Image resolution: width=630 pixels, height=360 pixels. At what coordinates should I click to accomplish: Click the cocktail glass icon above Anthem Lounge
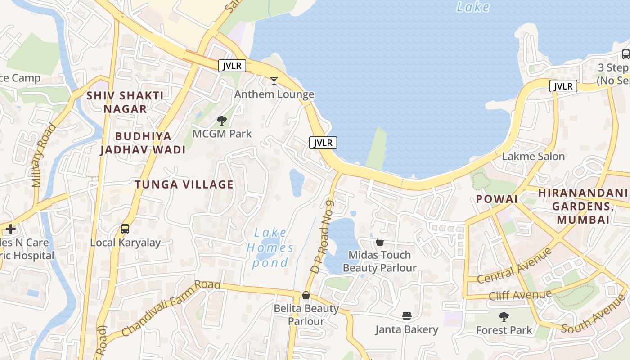(x=274, y=81)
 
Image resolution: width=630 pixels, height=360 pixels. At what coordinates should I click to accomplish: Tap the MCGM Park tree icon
(x=221, y=120)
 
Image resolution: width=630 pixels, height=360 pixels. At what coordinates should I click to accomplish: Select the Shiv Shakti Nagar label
(x=125, y=102)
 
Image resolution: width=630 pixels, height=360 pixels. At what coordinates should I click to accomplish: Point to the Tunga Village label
(x=184, y=184)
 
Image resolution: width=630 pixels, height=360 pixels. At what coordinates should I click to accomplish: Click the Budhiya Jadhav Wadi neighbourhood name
(x=143, y=143)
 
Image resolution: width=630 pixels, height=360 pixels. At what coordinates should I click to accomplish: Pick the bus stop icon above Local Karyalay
(x=125, y=229)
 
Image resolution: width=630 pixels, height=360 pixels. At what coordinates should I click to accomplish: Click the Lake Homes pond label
(x=270, y=247)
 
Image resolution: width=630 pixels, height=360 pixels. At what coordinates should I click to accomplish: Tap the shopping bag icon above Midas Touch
(x=380, y=242)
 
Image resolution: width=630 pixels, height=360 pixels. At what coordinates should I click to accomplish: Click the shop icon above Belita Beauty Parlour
(x=306, y=295)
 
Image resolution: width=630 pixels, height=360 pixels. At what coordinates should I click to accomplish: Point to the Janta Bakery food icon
(x=407, y=316)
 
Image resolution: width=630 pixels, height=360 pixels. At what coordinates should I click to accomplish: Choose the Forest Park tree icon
(x=504, y=317)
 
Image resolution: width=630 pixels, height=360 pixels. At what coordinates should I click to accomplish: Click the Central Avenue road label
(x=514, y=266)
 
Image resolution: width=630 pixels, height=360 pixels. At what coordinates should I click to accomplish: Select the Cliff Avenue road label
(x=520, y=296)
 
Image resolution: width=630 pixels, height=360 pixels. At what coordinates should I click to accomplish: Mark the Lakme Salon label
(x=533, y=157)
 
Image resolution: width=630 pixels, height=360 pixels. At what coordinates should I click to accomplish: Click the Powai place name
(x=497, y=199)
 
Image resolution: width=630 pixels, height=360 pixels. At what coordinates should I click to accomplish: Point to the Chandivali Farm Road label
(x=171, y=308)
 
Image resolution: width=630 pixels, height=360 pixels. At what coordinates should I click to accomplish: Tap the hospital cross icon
(x=11, y=229)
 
